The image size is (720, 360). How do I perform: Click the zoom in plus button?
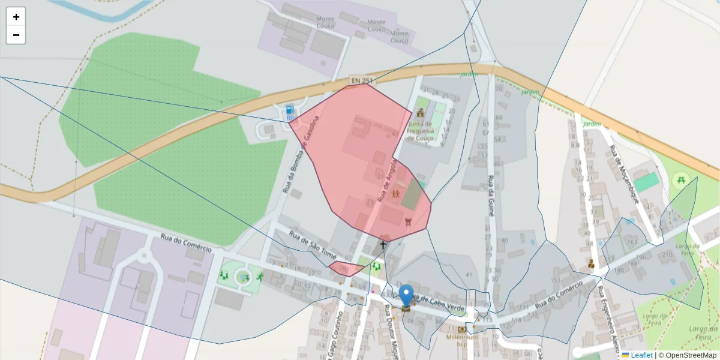16,17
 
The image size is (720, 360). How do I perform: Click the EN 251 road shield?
362,80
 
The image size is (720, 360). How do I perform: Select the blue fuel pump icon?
290,110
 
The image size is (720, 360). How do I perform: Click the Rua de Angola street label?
387,179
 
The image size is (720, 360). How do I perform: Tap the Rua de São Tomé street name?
312,245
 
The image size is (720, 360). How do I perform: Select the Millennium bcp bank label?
461,340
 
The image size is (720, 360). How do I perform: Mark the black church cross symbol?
383,245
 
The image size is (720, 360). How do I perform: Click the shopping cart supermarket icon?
409,222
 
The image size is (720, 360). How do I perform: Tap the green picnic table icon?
680,179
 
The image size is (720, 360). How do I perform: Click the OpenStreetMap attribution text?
687,355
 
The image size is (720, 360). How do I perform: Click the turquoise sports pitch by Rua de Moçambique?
646,182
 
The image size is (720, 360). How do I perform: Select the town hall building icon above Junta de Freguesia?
420,112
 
